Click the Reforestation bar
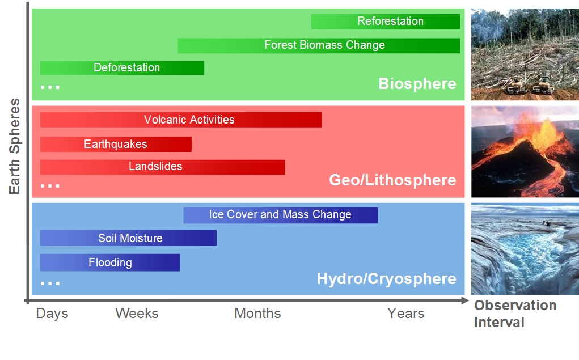[386, 22]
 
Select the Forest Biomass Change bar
[319, 45]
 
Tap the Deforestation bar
[122, 68]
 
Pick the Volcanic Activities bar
[181, 120]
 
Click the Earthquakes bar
[116, 145]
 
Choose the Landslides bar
[163, 167]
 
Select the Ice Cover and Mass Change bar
[281, 215]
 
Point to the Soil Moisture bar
[129, 238]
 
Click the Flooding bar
[110, 262]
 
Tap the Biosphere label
[417, 84]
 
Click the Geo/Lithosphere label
[392, 180]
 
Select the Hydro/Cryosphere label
[386, 279]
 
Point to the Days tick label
[52, 314]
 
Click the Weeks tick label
[137, 313]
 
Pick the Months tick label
[257, 313]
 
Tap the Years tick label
[405, 313]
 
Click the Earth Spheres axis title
[14, 146]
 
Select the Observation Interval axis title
[515, 314]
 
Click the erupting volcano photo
[525, 151]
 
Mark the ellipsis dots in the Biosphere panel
[50, 87]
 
